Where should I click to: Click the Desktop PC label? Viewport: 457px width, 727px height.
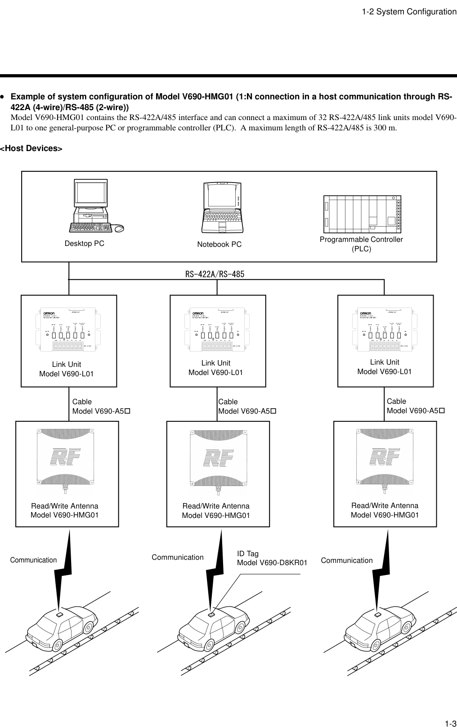[x=85, y=244]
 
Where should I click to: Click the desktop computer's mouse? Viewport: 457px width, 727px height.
[x=119, y=229]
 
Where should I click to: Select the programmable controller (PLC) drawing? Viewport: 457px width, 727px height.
[x=362, y=214]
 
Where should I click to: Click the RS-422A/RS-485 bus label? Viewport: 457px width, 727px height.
[x=215, y=274]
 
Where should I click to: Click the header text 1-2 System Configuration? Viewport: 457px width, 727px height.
[x=409, y=12]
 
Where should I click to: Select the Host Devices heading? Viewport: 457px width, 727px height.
[x=31, y=148]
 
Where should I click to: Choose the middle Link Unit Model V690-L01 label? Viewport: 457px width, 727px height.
[x=215, y=368]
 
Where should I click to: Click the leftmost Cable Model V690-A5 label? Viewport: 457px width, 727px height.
[x=101, y=406]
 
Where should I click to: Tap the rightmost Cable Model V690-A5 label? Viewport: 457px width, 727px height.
[x=416, y=406]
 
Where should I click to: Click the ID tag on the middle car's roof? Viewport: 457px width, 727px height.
[x=212, y=614]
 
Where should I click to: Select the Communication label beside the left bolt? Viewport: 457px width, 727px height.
[x=34, y=560]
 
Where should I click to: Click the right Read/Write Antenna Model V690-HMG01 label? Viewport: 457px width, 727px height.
[x=385, y=510]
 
